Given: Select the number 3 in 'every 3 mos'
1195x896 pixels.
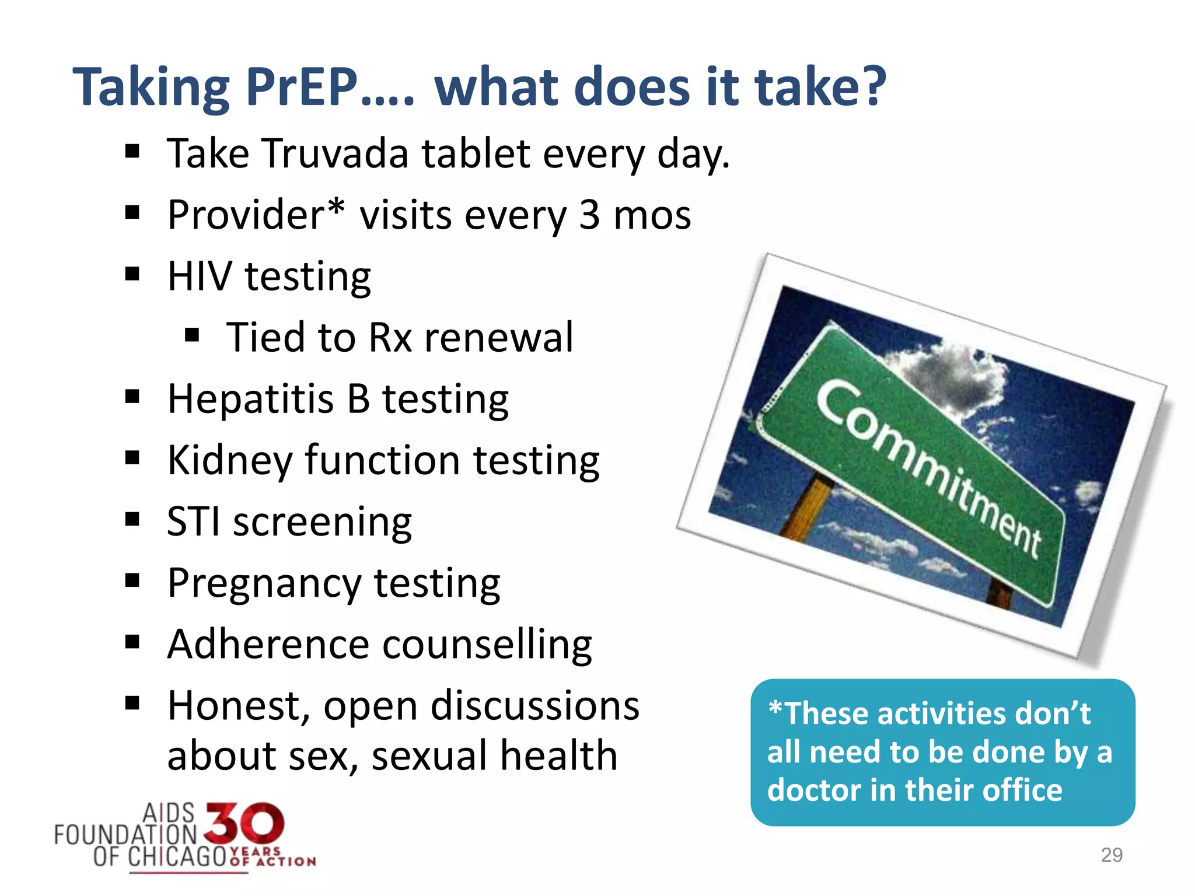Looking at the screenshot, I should coord(589,215).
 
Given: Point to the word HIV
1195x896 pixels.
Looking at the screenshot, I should coord(199,276).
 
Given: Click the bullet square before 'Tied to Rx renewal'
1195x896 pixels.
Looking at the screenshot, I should coord(192,335).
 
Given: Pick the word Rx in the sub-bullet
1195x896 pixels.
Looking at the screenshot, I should coord(390,338).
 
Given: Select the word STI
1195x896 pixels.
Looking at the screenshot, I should coord(193,521).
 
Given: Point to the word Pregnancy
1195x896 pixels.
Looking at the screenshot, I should coord(264,584).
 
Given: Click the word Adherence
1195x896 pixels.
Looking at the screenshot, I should coord(268,645).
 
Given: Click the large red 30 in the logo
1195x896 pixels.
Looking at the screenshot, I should coord(245,823).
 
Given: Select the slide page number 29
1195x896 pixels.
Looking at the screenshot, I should coord(1111,855).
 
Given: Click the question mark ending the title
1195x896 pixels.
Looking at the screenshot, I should coord(871,87).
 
